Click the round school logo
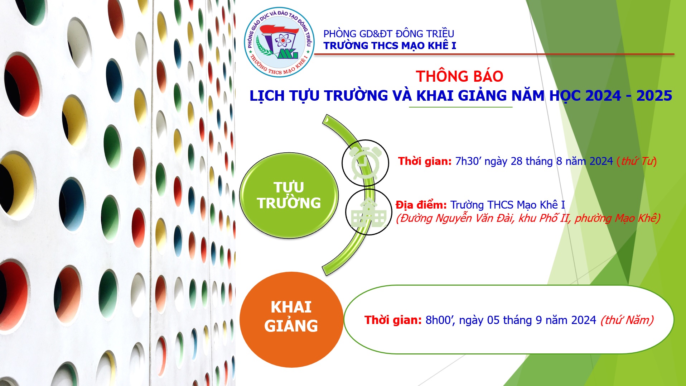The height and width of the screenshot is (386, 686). [279, 42]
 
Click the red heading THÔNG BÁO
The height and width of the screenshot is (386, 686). [459, 76]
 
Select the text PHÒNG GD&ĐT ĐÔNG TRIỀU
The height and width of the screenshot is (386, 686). [388, 34]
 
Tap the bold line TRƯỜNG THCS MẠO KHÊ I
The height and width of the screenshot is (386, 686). [390, 46]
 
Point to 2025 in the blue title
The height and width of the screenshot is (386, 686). [654, 96]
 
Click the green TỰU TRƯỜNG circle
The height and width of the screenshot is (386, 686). [289, 195]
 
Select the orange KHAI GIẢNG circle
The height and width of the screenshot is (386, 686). [291, 319]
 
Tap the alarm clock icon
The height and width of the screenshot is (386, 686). [365, 163]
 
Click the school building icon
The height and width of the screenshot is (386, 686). [369, 213]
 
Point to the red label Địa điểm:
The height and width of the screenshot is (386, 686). [421, 205]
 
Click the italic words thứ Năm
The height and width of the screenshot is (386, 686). [627, 320]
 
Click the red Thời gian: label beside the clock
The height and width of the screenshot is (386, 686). [425, 161]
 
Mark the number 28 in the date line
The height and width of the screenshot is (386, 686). [517, 161]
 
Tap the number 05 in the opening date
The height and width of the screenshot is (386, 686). [493, 320]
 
